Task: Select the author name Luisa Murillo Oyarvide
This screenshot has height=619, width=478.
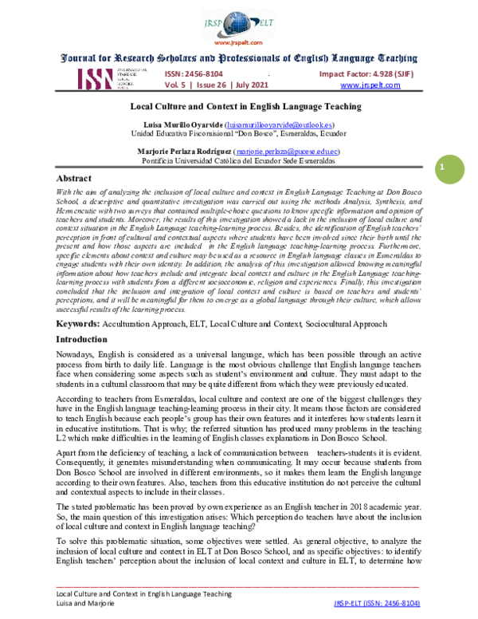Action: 182,125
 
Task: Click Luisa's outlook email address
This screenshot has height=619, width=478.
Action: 280,125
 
